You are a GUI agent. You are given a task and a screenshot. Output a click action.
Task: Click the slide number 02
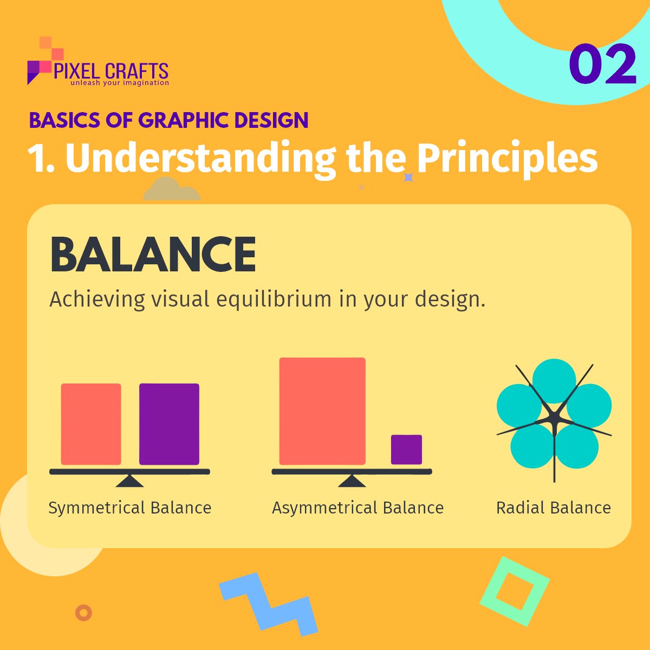(602, 64)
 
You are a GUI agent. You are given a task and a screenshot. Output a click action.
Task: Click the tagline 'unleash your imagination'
(120, 83)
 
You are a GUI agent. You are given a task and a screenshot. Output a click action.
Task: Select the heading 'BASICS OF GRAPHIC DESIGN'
(168, 120)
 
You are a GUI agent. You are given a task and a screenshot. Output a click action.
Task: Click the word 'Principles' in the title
(507, 158)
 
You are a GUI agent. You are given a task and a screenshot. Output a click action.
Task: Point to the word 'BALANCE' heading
(153, 255)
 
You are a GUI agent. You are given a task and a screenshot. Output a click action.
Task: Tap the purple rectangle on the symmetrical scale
(169, 424)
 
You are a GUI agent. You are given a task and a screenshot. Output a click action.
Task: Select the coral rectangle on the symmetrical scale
(91, 424)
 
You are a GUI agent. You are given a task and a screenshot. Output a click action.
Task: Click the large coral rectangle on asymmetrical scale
(322, 411)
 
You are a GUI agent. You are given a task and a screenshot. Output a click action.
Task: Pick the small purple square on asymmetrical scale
(406, 449)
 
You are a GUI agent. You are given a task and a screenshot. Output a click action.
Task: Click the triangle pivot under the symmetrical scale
(129, 481)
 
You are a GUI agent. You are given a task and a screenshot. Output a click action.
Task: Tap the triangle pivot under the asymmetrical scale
(352, 481)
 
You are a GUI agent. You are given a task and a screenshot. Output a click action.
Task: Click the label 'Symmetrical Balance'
(130, 508)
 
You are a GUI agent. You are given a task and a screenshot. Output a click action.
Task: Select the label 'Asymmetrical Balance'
(357, 508)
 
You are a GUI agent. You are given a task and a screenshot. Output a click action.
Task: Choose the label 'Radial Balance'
(554, 508)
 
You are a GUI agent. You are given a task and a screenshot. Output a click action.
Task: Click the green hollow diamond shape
(515, 591)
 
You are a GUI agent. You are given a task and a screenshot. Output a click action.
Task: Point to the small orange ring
(83, 613)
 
